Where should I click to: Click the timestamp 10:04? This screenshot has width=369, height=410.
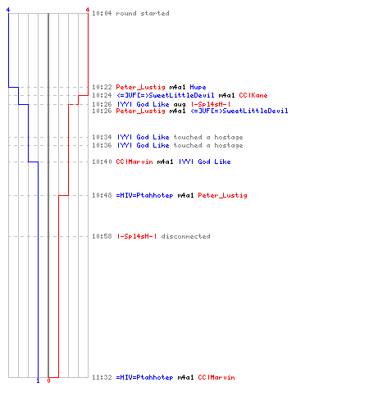point(102,13)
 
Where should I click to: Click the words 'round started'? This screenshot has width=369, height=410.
point(143,13)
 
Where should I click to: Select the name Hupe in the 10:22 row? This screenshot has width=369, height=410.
point(198,87)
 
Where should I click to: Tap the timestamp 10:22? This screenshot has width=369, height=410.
point(102,87)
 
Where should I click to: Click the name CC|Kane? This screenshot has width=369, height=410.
point(253,95)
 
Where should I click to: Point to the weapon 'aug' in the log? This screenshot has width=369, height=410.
point(180,105)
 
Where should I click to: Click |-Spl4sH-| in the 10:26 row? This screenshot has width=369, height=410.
point(211,104)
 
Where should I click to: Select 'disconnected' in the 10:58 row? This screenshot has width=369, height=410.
point(185,236)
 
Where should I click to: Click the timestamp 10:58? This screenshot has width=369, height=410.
point(102,236)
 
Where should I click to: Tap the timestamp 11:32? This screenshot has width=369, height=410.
point(102,377)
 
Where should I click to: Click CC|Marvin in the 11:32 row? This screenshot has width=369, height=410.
point(216,377)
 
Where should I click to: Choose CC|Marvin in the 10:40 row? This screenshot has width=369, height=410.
point(134,162)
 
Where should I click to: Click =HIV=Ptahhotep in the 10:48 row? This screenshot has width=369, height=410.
point(144,195)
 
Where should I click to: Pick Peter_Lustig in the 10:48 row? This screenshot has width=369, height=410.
point(222,195)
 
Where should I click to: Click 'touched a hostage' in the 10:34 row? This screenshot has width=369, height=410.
point(208,137)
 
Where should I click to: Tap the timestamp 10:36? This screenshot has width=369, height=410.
point(102,145)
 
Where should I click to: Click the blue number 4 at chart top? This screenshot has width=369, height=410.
point(8,10)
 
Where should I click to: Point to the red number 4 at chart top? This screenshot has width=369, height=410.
point(88,10)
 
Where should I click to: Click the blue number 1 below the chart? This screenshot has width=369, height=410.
point(38,380)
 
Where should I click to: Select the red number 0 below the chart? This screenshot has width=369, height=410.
point(48,380)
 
